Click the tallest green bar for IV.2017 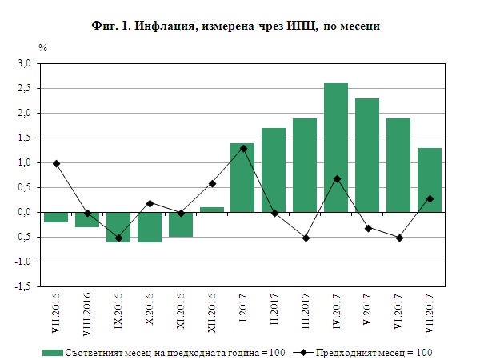pos(336,147)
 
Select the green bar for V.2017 pos(367,155)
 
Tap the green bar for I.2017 pos(242,178)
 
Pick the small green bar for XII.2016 pos(211,210)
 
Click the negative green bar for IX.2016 pos(118,227)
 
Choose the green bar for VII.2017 pos(430,180)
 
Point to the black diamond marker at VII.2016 pos(55,164)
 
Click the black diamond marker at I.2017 pos(242,149)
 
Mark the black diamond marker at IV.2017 pos(336,178)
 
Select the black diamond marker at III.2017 pos(305,238)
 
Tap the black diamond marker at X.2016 pos(149,203)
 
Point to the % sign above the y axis pos(43,49)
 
